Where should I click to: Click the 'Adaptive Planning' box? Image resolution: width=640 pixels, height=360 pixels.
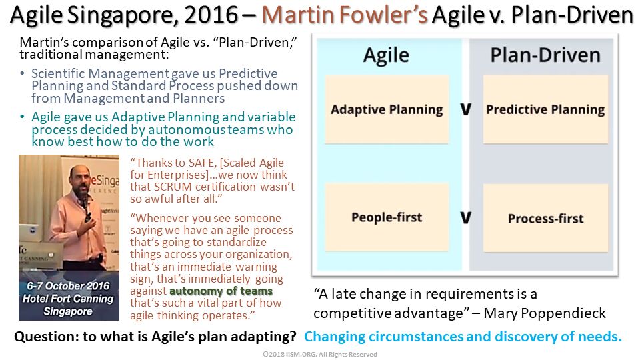pos(387,109)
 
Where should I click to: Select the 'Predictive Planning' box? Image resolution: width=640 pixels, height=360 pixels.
pos(545,109)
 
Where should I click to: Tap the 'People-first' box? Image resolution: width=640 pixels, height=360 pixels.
pos(387,217)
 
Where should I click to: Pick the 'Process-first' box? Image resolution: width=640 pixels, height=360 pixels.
pos(545,217)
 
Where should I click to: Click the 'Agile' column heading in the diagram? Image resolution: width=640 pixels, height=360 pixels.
pos(386,55)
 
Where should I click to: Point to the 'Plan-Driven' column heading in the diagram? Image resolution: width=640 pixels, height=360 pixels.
pos(545,55)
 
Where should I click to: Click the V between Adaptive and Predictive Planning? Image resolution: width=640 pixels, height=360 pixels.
pos(466,109)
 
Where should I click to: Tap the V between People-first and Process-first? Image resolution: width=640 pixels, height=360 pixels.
pos(466,217)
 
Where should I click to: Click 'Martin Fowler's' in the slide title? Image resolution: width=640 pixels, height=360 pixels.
pos(345,15)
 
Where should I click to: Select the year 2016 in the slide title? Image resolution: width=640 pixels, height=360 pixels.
pos(211,15)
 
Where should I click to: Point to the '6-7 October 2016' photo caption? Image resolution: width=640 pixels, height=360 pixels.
pos(68,286)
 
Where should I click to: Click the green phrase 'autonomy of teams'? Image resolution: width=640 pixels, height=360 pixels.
pos(221,291)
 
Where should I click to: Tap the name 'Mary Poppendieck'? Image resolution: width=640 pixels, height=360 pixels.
pos(545,313)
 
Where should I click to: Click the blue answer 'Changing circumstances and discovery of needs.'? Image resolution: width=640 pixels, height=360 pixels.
pos(463,337)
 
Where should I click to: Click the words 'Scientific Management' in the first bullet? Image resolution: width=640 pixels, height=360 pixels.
pos(100,73)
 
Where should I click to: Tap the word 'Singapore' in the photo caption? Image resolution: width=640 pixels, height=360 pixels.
pos(68,311)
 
